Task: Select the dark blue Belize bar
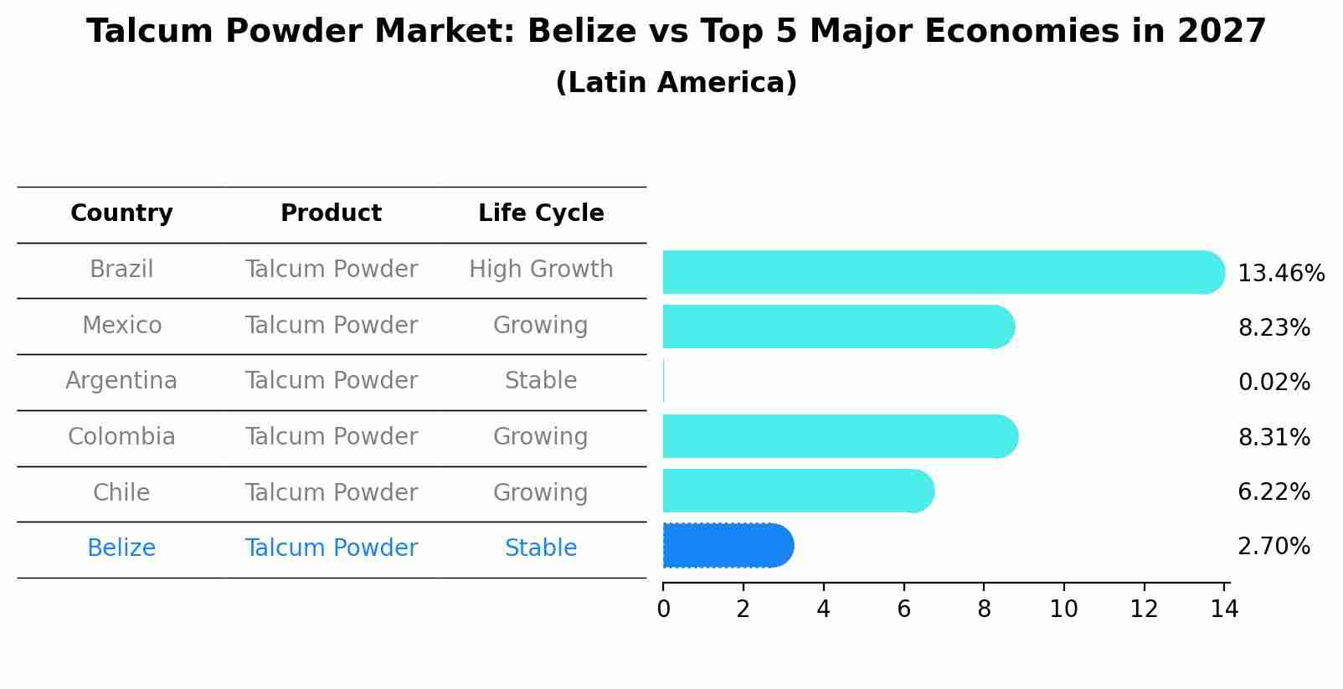coord(727,546)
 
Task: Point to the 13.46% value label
coord(1280,274)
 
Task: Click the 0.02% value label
coord(1274,383)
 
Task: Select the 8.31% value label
coord(1274,437)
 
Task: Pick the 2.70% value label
coord(1274,547)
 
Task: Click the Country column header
coord(121,213)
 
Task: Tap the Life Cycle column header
coord(541,213)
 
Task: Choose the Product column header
coord(331,213)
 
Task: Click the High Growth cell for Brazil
coord(541,270)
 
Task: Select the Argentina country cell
coord(121,381)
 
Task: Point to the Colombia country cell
coord(121,437)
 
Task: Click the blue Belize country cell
coord(121,548)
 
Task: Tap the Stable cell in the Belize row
coord(541,548)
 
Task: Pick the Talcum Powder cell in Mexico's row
coord(331,326)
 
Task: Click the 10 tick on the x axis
coord(1063,609)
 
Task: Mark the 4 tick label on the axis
coord(823,609)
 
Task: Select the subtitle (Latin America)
coord(676,83)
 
